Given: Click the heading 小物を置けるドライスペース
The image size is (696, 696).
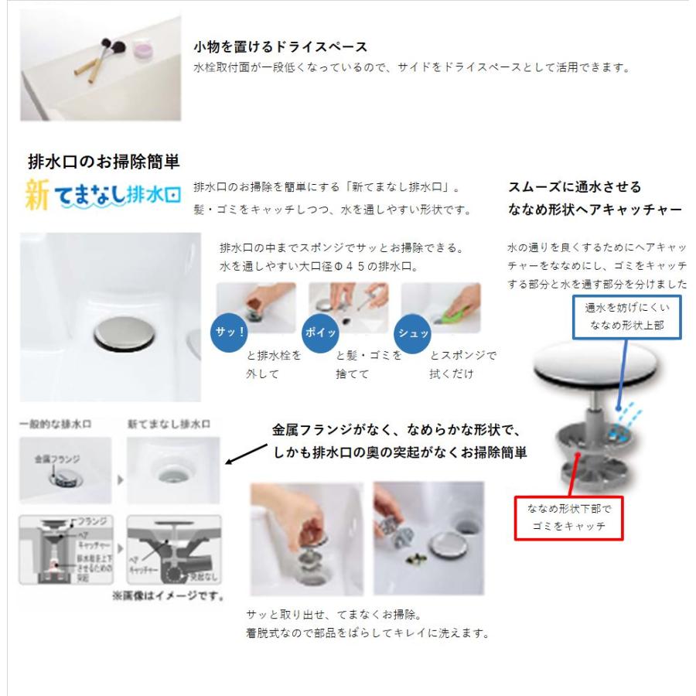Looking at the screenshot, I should point(280,47).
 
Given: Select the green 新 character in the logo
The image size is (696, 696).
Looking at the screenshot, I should point(37,196).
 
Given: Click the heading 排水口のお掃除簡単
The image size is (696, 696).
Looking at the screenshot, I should point(104,162).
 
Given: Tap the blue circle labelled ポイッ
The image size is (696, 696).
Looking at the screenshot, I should point(321,332).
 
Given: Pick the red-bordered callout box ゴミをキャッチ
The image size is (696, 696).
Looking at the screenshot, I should point(568,517).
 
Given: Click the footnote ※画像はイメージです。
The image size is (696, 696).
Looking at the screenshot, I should point(168,595).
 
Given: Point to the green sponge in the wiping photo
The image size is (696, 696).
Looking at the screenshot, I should point(457,316).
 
